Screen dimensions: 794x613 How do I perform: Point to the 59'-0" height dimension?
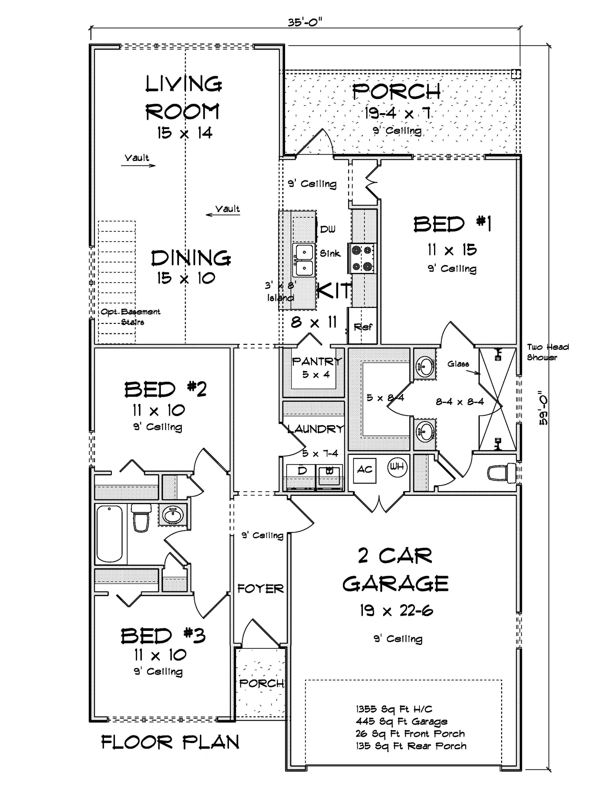(x=543, y=408)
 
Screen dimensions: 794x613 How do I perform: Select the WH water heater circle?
(x=397, y=466)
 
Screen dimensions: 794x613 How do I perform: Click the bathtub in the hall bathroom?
(x=109, y=534)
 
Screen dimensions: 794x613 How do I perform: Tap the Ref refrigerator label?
(x=362, y=327)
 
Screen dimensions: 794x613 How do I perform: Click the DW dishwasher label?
(x=327, y=229)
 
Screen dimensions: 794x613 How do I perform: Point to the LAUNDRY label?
(x=315, y=429)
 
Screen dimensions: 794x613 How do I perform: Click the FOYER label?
(x=260, y=589)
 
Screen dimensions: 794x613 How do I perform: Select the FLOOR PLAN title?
(x=170, y=742)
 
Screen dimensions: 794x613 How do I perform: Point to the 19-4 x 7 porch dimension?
(x=397, y=113)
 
